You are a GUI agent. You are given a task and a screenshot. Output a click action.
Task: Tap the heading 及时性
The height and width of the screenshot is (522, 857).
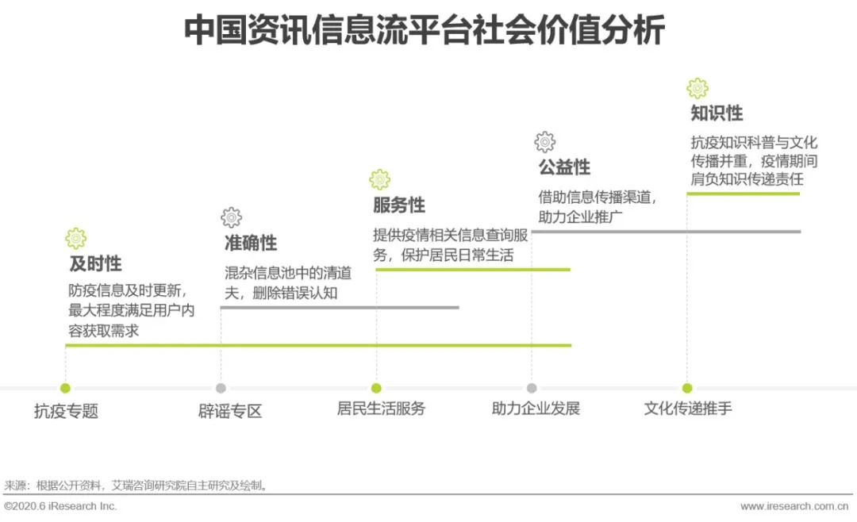pyautogui.click(x=95, y=263)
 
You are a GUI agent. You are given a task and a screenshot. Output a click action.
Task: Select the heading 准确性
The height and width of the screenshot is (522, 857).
pyautogui.click(x=251, y=243)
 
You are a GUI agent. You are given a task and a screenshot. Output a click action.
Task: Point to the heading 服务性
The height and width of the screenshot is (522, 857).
pyautogui.click(x=399, y=205)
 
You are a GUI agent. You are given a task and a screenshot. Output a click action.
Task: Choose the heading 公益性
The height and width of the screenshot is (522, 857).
pyautogui.click(x=564, y=167)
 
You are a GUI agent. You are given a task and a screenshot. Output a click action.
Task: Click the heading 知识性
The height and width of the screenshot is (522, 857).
pyautogui.click(x=717, y=113)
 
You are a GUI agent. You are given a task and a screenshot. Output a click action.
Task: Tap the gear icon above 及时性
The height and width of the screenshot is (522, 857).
pyautogui.click(x=76, y=238)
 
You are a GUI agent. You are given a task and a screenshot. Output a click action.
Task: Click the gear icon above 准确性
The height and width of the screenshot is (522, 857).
pyautogui.click(x=232, y=217)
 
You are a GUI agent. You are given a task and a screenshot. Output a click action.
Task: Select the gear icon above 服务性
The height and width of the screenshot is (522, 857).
pyautogui.click(x=380, y=179)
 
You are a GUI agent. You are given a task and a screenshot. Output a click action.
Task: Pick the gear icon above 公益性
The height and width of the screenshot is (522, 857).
pyautogui.click(x=545, y=142)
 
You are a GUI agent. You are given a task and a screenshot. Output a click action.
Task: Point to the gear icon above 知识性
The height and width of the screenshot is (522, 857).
pyautogui.click(x=698, y=88)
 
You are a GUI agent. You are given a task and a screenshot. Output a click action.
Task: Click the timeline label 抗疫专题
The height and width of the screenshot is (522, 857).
pyautogui.click(x=66, y=410)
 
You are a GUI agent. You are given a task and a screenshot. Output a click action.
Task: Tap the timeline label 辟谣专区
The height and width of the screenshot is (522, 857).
pyautogui.click(x=230, y=410)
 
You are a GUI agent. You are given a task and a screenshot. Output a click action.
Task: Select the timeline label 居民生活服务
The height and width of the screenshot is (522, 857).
pyautogui.click(x=381, y=409)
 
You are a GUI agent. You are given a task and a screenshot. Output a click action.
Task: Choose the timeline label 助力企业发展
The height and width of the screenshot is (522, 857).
pyautogui.click(x=536, y=409)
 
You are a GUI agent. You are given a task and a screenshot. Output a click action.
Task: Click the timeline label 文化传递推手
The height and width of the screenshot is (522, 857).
pyautogui.click(x=688, y=409)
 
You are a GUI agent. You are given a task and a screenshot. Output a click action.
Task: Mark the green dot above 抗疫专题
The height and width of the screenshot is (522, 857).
pyautogui.click(x=65, y=388)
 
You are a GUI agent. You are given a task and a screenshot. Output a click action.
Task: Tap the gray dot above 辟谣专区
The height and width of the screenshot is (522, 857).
pyautogui.click(x=221, y=388)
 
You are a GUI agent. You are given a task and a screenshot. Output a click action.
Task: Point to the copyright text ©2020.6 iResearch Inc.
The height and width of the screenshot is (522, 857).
pyautogui.click(x=60, y=506)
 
